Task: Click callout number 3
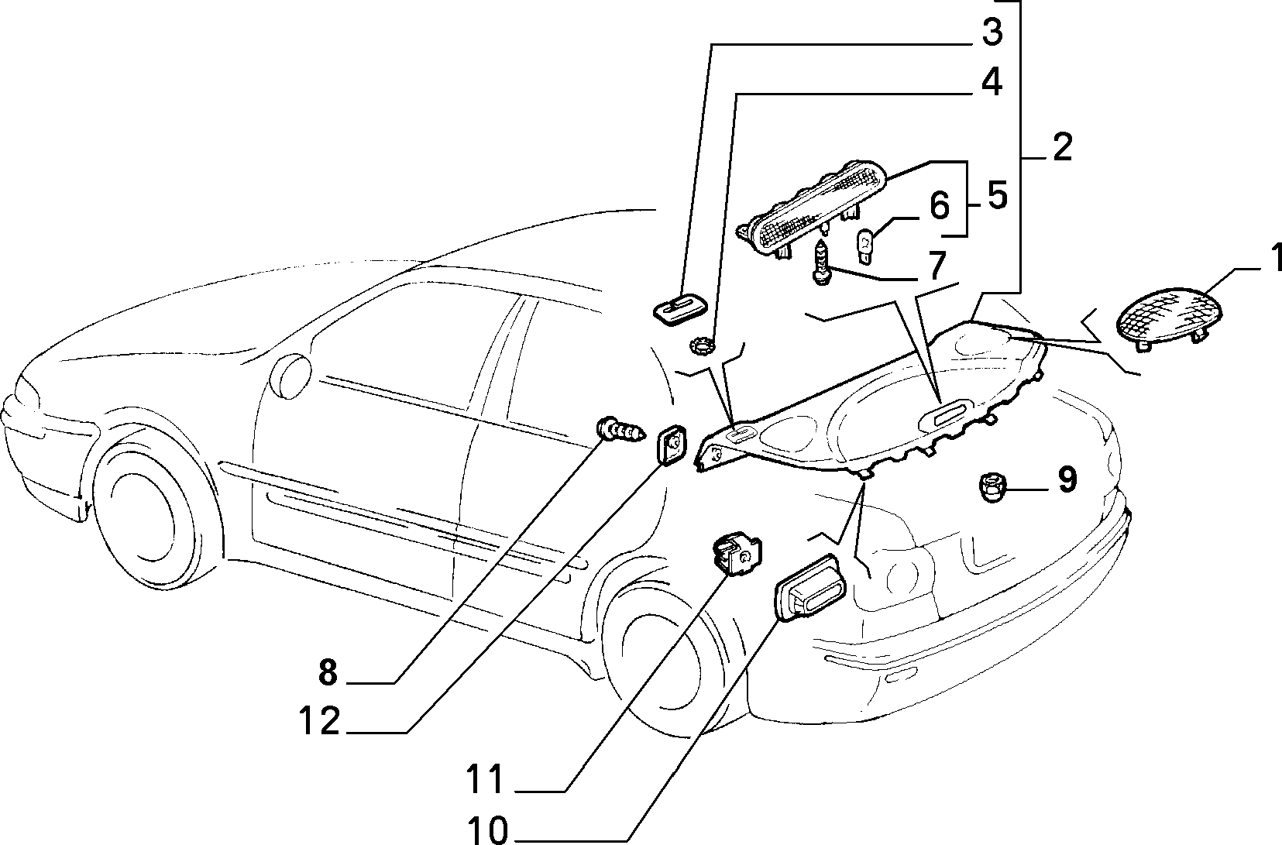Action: point(992,33)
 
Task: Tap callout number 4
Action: point(992,83)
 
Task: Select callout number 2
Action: point(1062,147)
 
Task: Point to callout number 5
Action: point(997,196)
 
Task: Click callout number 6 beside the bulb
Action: point(939,207)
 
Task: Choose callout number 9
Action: point(1067,479)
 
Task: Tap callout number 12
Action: point(320,720)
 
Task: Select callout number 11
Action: point(486,778)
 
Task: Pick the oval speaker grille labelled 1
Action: point(1169,321)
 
